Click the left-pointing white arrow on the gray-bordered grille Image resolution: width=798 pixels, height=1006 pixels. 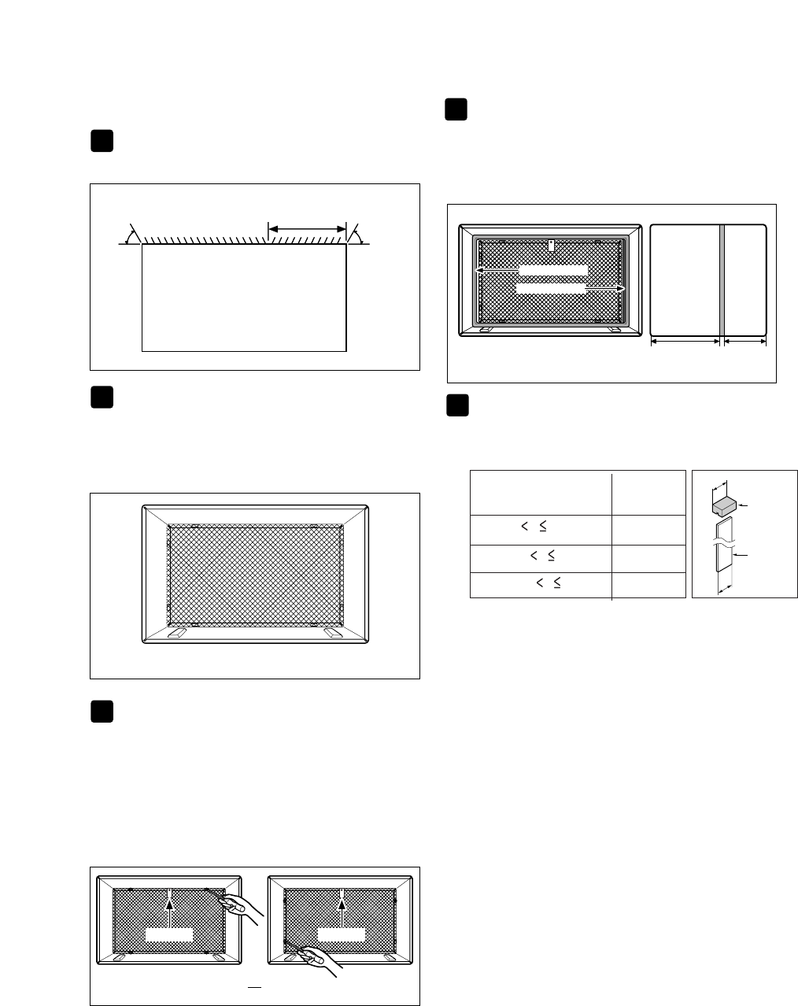tap(496, 269)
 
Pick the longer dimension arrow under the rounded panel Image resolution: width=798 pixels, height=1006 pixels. tap(685, 342)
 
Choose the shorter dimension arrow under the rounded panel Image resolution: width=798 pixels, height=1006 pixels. tap(744, 342)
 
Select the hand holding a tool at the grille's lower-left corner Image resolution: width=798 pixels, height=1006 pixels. tap(321, 957)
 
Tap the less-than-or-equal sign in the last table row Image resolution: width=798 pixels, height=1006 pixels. tap(556, 583)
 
